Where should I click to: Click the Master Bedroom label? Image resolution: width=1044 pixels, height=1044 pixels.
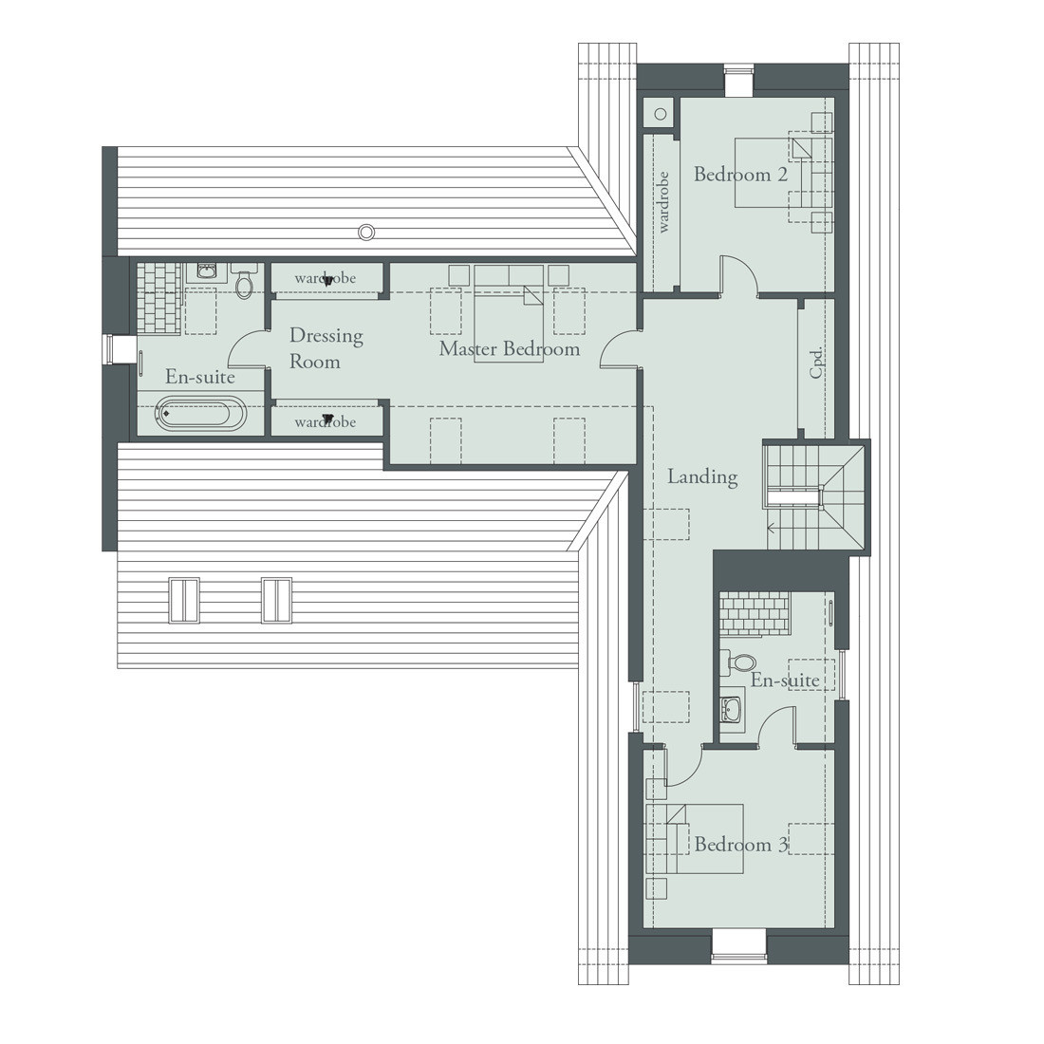point(509,349)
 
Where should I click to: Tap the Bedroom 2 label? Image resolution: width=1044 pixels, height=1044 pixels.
point(740,175)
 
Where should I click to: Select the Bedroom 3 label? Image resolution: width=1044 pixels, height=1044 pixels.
point(740,845)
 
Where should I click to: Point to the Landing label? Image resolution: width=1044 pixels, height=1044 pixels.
point(702,476)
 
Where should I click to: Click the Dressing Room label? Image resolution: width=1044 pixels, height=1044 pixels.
point(314,348)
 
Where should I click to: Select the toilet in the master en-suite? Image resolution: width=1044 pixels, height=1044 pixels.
point(244,283)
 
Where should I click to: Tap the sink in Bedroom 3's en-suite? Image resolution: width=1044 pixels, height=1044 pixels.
point(732,709)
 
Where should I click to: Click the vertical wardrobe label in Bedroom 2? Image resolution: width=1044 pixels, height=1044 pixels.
point(662,201)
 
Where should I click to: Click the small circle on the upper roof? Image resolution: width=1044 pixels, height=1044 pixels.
point(366,231)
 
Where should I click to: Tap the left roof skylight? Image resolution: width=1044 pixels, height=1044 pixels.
point(184,600)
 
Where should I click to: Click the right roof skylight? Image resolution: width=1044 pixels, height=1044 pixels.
point(276,600)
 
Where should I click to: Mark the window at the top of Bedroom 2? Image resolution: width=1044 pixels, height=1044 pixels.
point(737,80)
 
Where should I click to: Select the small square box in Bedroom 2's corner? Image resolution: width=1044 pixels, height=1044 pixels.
point(659,113)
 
